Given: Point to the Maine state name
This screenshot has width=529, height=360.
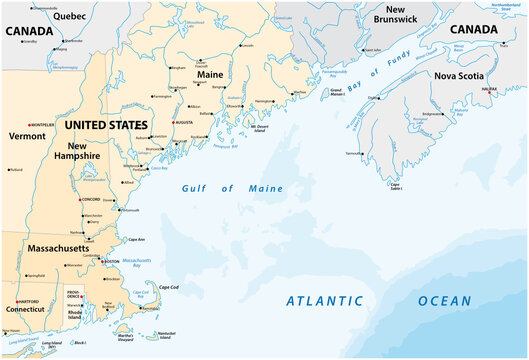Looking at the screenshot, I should (x=208, y=73).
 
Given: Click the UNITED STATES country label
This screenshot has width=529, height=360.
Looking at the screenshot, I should (x=105, y=126).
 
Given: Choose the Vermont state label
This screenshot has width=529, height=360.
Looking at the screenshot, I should (x=27, y=135).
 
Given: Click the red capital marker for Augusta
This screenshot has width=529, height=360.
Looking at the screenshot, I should (x=173, y=122).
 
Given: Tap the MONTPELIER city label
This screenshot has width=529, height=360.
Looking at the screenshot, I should (x=41, y=125).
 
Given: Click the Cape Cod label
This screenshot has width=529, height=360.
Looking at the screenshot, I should (x=169, y=287).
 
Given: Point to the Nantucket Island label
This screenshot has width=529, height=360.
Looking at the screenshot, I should (x=166, y=334).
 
